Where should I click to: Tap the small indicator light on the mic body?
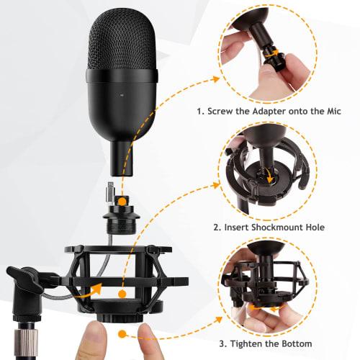click(x=122, y=94)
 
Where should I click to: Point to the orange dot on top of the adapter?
click(x=124, y=199)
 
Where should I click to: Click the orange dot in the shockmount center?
click(x=123, y=294)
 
